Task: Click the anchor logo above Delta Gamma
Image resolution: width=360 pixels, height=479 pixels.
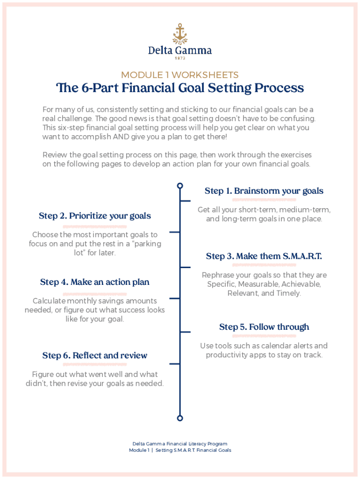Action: pyautogui.click(x=180, y=33)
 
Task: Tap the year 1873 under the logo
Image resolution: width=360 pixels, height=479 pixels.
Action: pyautogui.click(x=180, y=58)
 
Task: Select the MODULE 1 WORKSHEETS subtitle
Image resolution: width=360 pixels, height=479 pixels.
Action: pyautogui.click(x=180, y=75)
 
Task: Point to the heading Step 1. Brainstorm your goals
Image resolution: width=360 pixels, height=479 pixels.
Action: pyautogui.click(x=264, y=191)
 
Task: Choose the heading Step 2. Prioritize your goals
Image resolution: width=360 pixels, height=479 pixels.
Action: pyautogui.click(x=95, y=216)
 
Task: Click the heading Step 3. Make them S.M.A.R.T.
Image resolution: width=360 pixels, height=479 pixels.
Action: pyautogui.click(x=264, y=256)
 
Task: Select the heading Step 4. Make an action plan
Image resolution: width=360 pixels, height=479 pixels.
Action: pyautogui.click(x=95, y=282)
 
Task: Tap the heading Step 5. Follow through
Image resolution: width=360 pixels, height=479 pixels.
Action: pyautogui.click(x=264, y=327)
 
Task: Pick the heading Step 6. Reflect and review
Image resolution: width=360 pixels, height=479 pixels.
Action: pyautogui.click(x=95, y=356)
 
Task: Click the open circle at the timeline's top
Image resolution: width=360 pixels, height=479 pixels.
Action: pyautogui.click(x=180, y=186)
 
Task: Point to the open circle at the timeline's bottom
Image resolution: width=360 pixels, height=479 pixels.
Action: pyautogui.click(x=180, y=418)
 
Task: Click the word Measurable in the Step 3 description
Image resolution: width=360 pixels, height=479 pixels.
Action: pyautogui.click(x=262, y=284)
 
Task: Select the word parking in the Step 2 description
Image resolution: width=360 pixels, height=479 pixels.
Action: pyautogui.click(x=144, y=244)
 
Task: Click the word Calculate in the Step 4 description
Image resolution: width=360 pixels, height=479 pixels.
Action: pyautogui.click(x=48, y=301)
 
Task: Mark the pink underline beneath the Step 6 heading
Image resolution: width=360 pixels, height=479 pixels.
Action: pyautogui.click(x=95, y=364)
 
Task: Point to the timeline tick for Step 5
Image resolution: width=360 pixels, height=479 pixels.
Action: pyautogui.click(x=186, y=333)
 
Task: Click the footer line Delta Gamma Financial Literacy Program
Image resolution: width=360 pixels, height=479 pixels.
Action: pyautogui.click(x=180, y=443)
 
